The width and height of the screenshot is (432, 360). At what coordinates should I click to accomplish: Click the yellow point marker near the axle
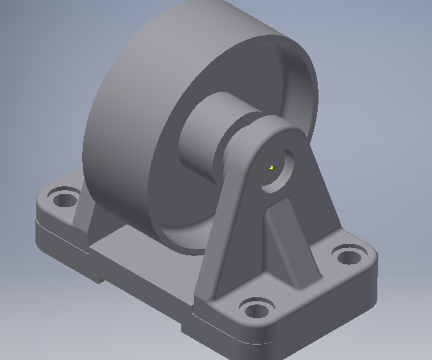(272, 168)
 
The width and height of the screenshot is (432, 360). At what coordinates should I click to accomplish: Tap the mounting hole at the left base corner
(62, 196)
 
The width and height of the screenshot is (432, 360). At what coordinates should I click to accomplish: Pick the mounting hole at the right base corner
(348, 258)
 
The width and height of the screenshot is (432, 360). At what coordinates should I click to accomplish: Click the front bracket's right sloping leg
(322, 217)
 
